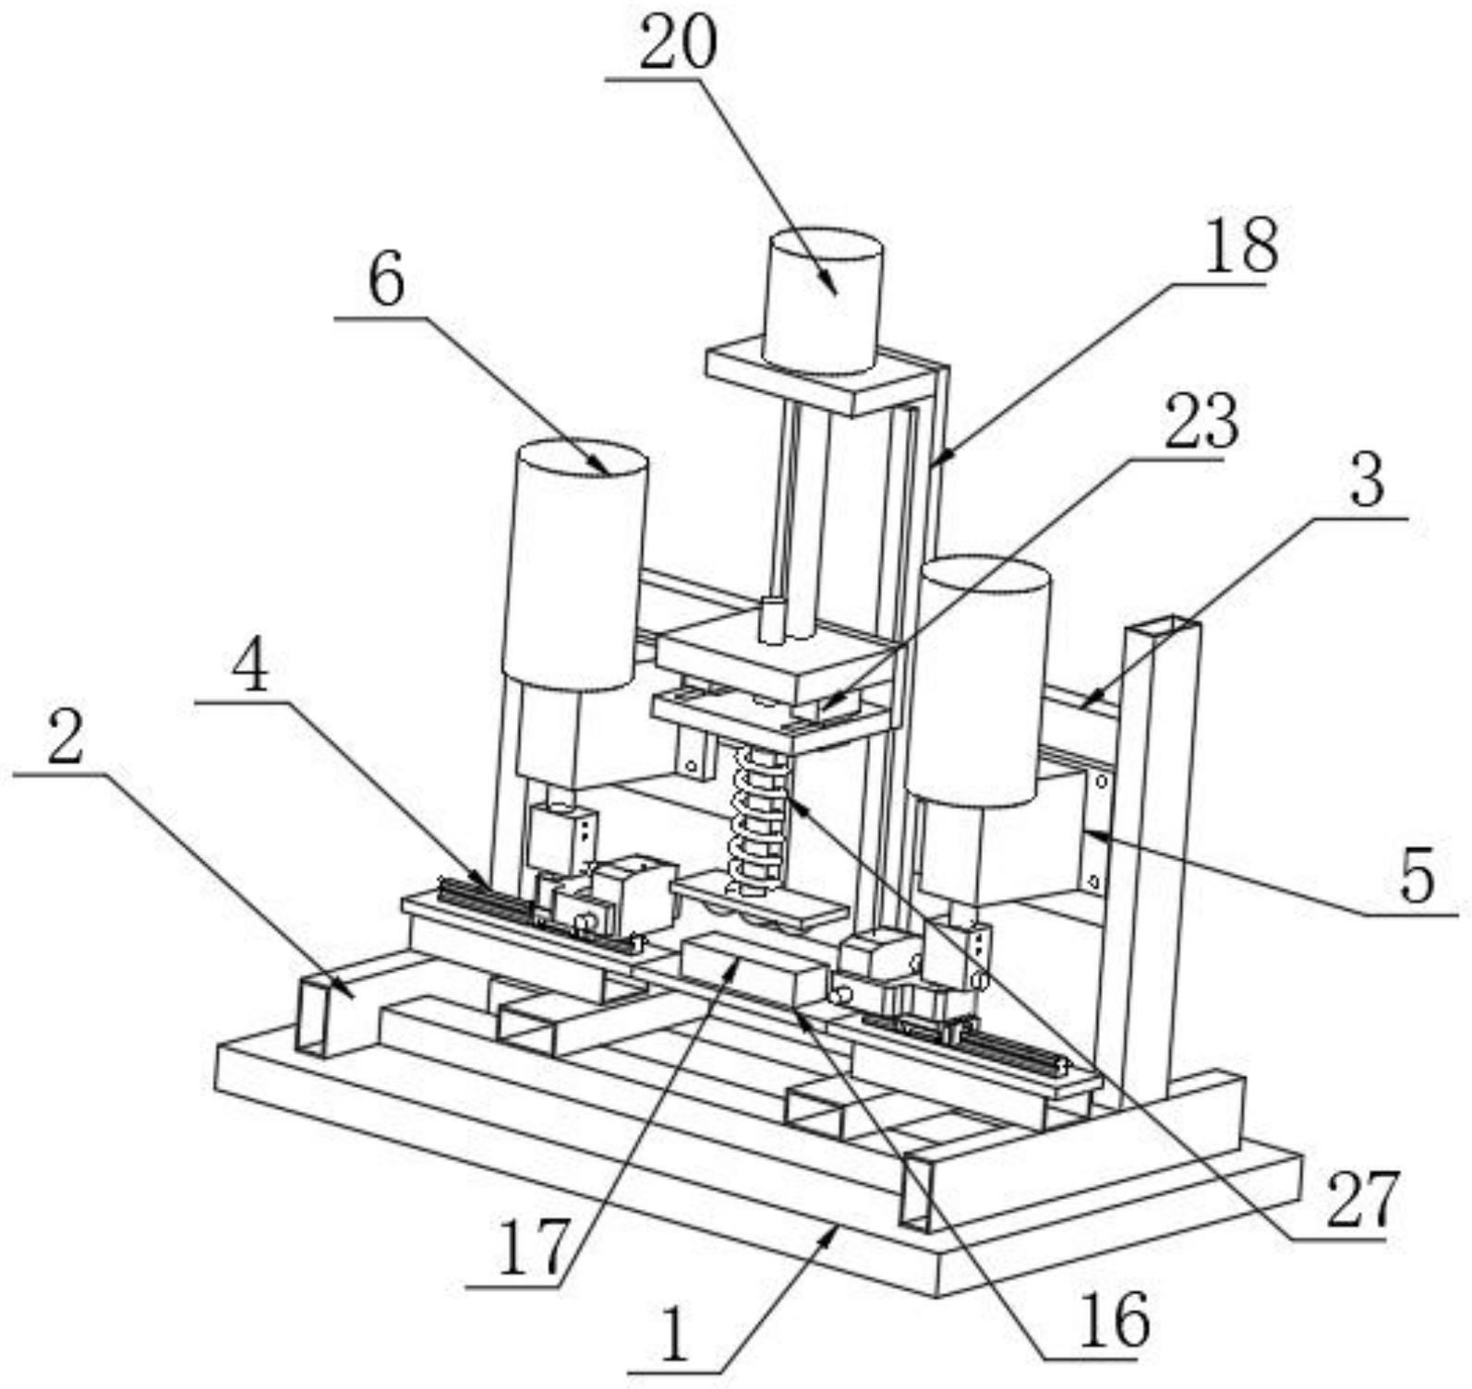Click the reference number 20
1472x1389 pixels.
click(678, 43)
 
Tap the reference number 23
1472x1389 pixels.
click(1200, 421)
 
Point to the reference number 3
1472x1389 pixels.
click(1368, 480)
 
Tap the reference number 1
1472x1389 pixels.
click(676, 1338)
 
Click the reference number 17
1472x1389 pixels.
click(533, 1247)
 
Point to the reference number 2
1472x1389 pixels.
click(66, 738)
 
